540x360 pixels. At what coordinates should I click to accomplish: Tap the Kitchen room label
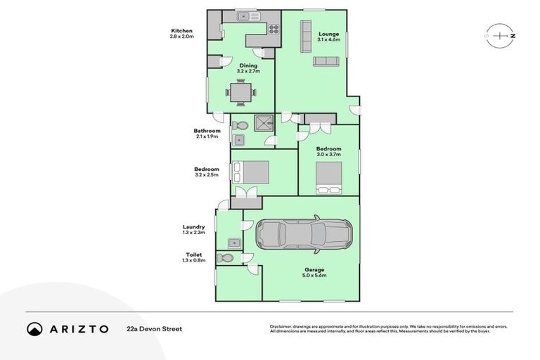pos(181,31)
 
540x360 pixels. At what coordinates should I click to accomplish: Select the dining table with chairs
pos(240,91)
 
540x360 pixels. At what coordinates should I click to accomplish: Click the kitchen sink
pos(245,15)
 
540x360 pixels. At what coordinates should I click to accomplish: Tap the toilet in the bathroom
pos(240,126)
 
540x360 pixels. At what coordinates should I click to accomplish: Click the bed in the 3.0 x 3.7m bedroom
pos(328,176)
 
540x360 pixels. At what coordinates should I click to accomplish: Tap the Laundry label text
pos(194,227)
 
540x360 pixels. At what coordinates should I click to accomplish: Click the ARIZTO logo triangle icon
pos(35,328)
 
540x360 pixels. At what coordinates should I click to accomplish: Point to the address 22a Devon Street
pos(150,328)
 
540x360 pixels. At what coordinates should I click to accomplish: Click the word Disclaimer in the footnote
pos(281,326)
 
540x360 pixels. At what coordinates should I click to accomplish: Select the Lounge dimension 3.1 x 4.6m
pos(328,40)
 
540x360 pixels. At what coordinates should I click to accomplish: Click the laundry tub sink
pos(233,244)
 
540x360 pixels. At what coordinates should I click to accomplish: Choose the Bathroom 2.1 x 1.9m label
pos(207,131)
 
